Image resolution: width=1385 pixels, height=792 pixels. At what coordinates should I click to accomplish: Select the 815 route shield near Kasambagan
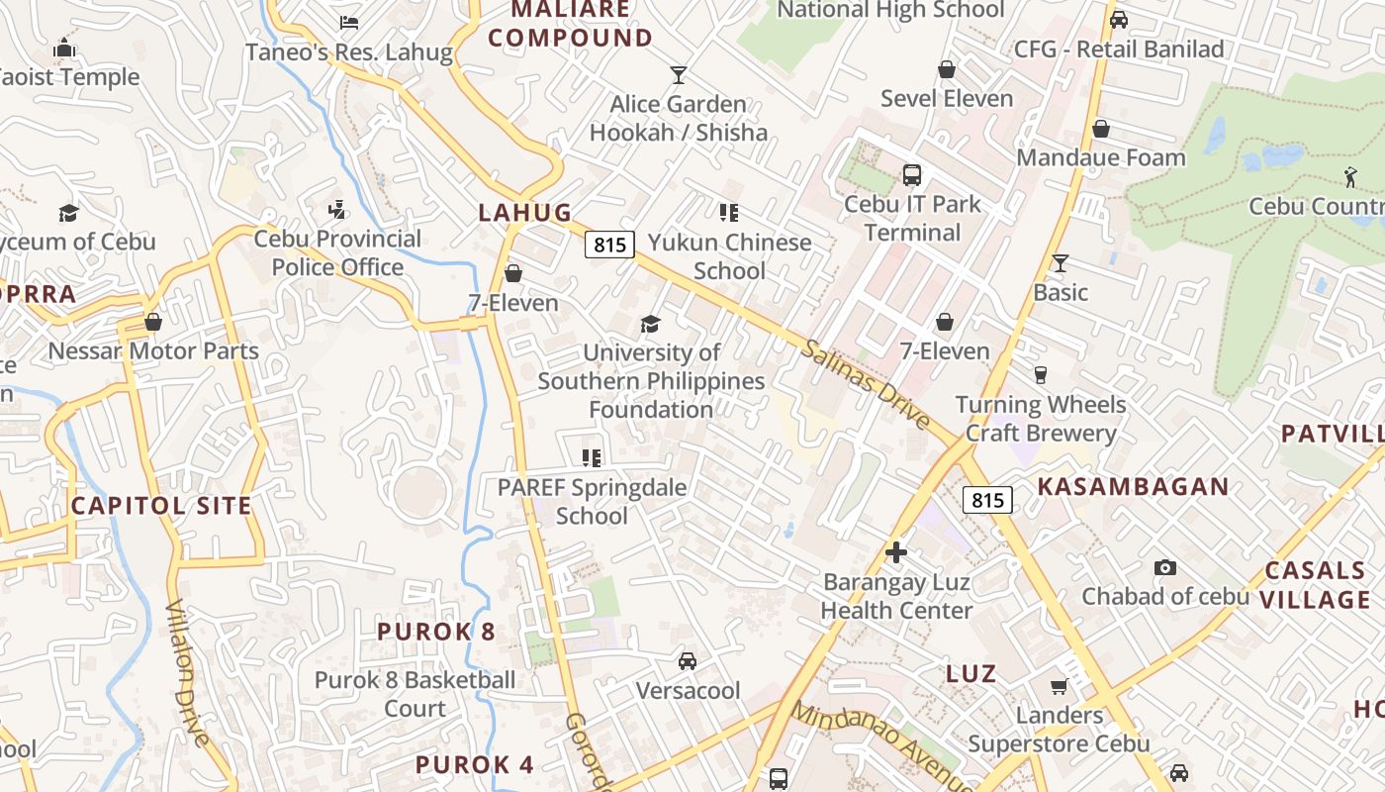987,500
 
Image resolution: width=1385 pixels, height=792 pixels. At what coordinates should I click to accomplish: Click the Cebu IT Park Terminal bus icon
912,175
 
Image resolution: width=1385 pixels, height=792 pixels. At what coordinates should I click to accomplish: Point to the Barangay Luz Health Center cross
896,552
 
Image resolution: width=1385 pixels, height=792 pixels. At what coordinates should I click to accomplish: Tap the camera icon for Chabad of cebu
1165,567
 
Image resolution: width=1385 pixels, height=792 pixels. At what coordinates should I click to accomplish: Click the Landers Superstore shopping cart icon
1059,686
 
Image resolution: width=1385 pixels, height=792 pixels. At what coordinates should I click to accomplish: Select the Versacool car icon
687,661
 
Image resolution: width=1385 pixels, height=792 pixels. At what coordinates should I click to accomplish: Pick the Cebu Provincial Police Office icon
337,210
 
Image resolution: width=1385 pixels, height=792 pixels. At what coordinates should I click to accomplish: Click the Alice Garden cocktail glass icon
678,74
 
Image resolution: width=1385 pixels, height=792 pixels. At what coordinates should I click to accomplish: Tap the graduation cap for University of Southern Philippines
650,324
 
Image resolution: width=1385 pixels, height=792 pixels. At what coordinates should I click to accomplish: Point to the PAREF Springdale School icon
592,457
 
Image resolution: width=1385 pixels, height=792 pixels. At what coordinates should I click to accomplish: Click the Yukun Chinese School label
729,256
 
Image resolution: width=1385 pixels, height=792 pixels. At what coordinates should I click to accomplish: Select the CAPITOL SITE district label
161,506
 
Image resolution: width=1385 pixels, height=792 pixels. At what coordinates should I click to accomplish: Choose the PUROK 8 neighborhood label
435,631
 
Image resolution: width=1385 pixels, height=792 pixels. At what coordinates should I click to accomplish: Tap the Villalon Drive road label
187,673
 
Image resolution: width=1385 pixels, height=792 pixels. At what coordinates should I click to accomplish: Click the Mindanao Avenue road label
880,744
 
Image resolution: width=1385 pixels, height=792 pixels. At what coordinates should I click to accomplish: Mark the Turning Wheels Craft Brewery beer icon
1040,375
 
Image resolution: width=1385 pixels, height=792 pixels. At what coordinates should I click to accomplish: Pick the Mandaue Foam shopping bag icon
1100,129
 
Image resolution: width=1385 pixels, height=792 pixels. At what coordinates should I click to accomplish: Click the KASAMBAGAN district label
1133,487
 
